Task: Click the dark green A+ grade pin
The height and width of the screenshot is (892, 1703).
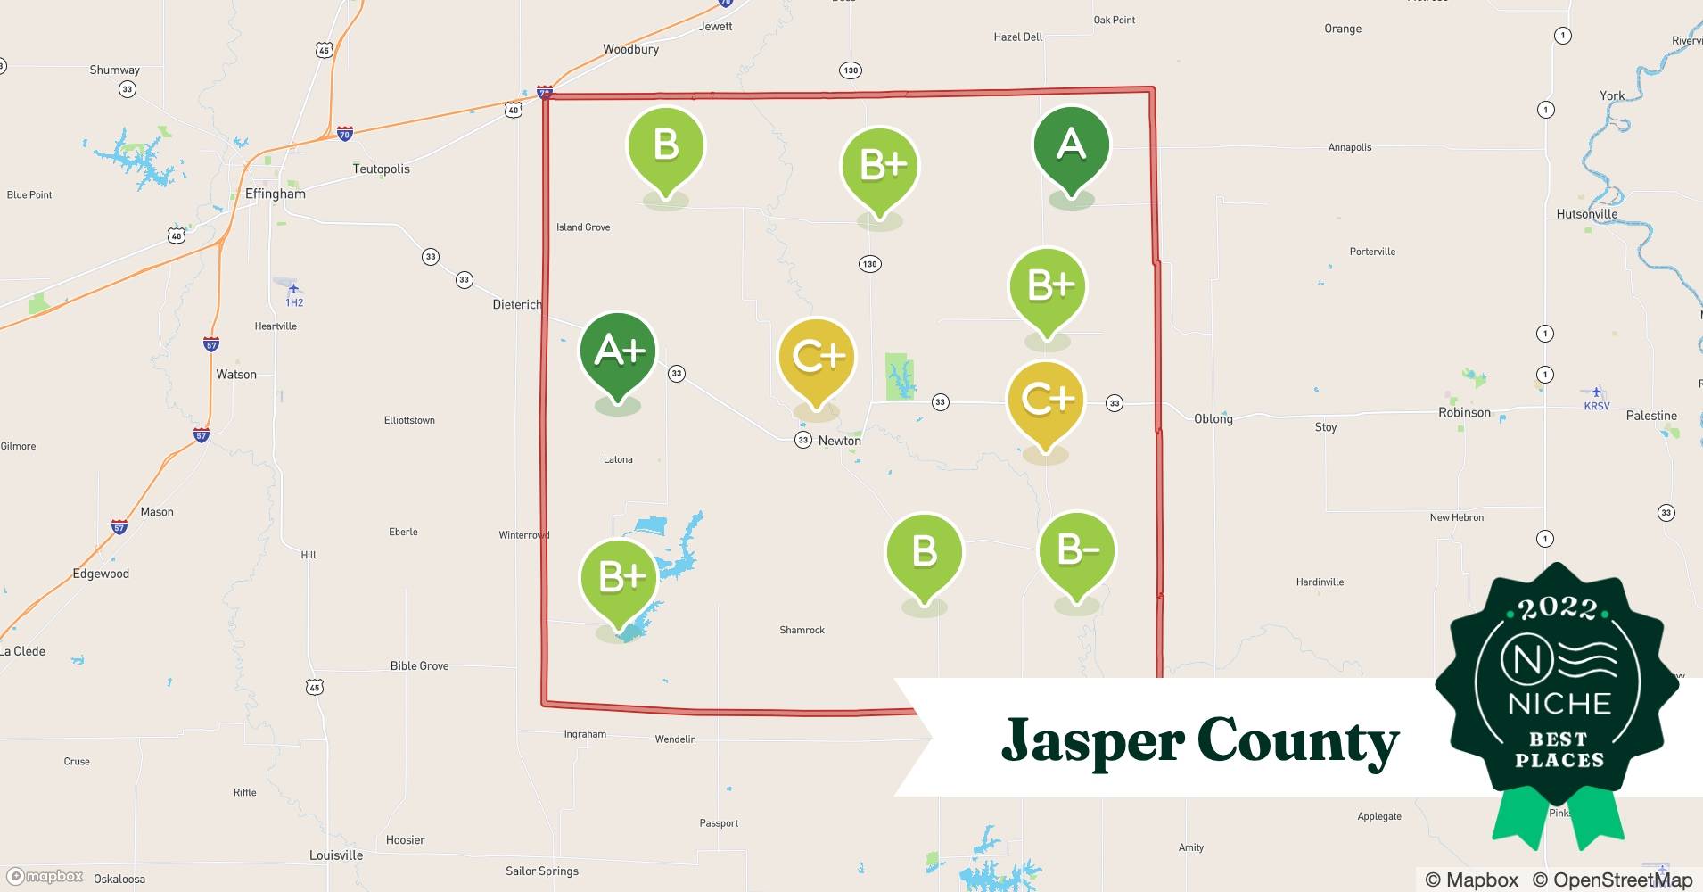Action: (x=618, y=352)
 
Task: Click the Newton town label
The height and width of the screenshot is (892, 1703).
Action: (x=839, y=441)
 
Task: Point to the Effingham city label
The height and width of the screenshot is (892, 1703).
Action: (x=275, y=194)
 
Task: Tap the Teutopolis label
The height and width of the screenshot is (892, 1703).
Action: (x=381, y=169)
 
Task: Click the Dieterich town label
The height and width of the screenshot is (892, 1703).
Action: (x=517, y=304)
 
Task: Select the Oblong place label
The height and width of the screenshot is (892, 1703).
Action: (x=1213, y=418)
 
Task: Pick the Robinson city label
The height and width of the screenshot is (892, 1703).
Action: (x=1464, y=412)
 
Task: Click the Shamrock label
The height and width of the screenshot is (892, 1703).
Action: (x=802, y=630)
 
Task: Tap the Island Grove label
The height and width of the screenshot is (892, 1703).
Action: (x=583, y=227)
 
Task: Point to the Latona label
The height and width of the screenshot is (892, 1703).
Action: (x=618, y=459)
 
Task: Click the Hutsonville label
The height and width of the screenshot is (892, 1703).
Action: (x=1586, y=214)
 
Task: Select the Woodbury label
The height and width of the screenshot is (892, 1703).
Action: (x=630, y=50)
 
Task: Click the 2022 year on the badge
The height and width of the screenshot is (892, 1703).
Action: (x=1558, y=608)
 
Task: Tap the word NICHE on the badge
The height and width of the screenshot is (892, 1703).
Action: (x=1559, y=703)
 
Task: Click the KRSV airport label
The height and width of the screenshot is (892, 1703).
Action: (x=1596, y=406)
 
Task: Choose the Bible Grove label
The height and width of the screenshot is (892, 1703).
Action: (x=419, y=665)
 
